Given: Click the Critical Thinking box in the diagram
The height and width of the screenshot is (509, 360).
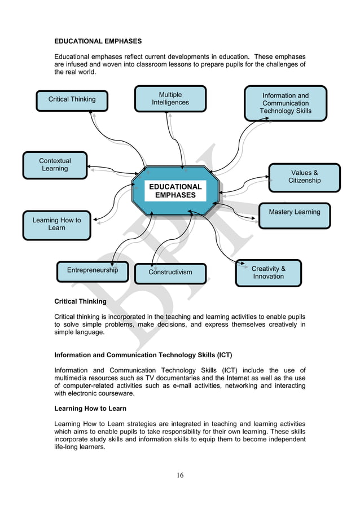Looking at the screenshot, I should [x=72, y=100].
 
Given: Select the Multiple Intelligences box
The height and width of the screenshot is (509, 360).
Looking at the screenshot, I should [x=170, y=99].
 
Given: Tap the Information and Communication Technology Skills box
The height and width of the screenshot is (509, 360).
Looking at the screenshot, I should [x=285, y=103].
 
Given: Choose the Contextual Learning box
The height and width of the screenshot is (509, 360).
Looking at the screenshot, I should [x=55, y=165].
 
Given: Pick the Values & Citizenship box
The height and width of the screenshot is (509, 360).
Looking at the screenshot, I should [x=304, y=177].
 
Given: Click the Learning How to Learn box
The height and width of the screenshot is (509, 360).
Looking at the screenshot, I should [x=56, y=225].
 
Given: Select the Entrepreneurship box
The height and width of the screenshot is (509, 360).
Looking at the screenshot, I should [x=93, y=270].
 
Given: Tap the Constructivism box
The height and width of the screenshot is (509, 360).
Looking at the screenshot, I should [x=170, y=273].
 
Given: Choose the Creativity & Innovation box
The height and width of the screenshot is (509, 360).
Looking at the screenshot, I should [x=268, y=273].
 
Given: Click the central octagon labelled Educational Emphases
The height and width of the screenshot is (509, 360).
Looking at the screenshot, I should [x=175, y=191].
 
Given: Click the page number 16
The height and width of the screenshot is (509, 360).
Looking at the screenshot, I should [x=179, y=475].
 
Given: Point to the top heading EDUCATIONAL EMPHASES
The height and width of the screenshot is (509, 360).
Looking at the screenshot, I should [x=98, y=41].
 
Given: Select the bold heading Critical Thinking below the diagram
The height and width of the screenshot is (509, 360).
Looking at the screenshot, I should [x=80, y=301].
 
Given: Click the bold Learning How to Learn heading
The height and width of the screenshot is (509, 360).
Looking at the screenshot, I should [x=90, y=408].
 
